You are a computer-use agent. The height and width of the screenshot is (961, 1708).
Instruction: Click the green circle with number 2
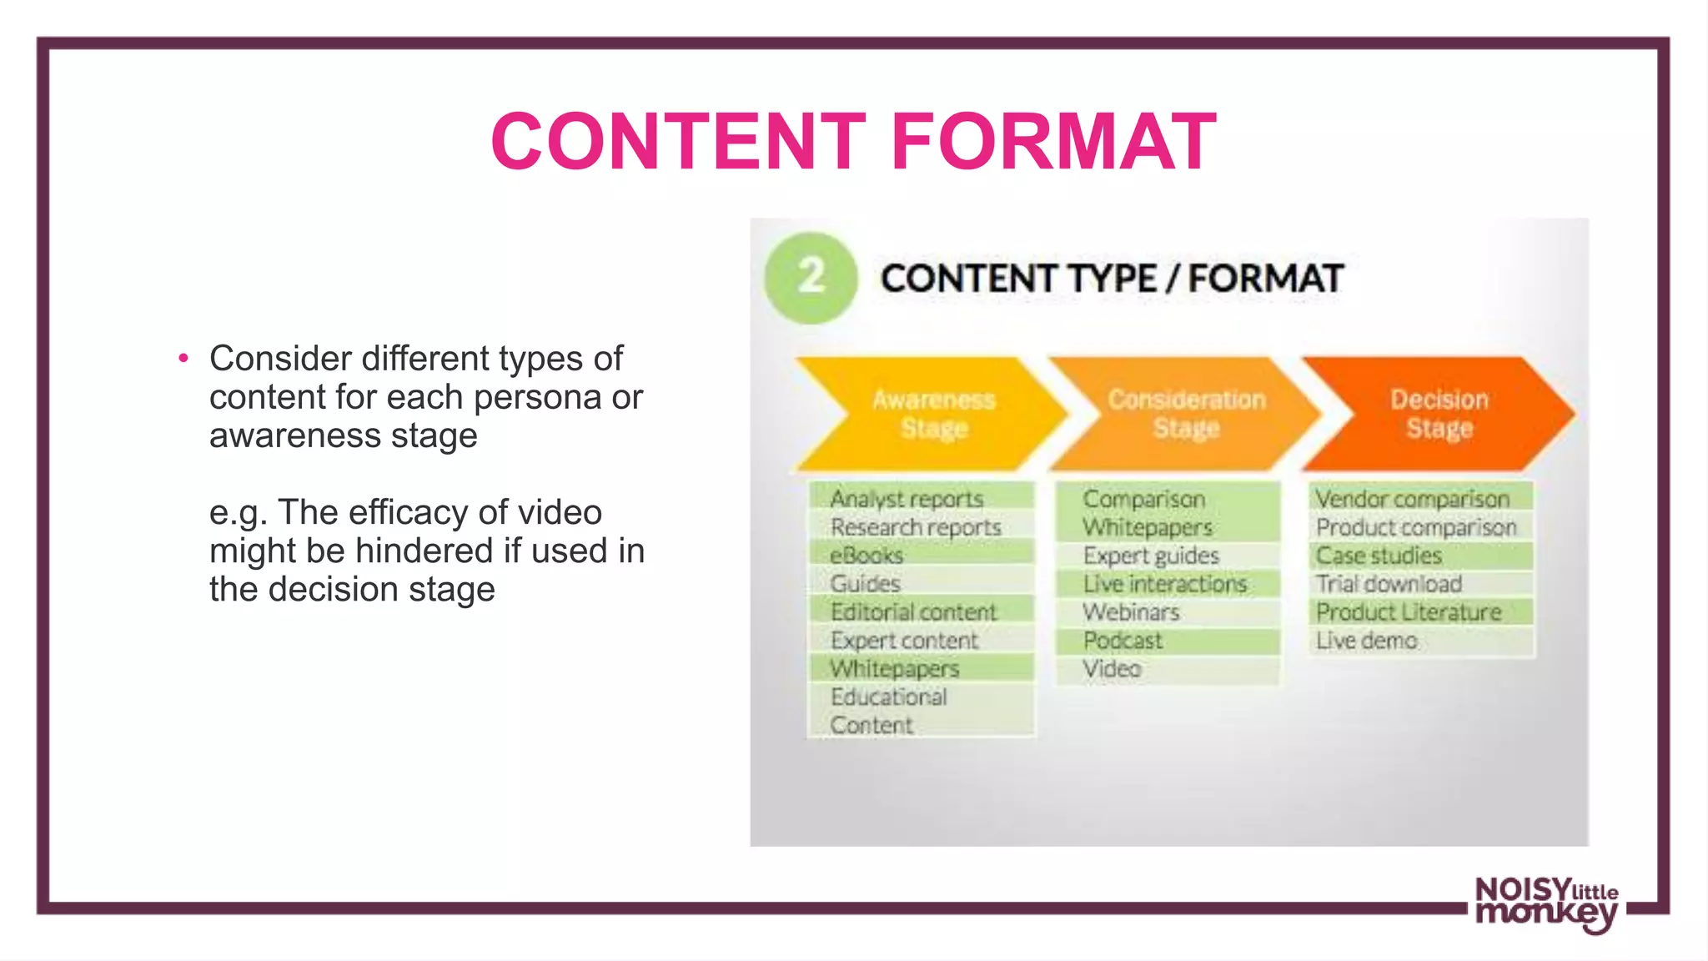click(x=810, y=278)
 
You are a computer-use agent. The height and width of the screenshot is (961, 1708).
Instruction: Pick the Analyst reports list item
click(x=907, y=499)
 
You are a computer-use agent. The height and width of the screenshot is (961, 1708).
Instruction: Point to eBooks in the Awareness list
click(x=867, y=556)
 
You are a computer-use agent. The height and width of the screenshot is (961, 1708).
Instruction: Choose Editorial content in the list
click(x=913, y=612)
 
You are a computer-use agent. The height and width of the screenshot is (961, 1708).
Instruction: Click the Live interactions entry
click(x=1165, y=584)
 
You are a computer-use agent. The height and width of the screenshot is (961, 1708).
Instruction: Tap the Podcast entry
click(x=1123, y=641)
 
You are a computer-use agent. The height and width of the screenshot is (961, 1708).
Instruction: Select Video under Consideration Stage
click(x=1112, y=669)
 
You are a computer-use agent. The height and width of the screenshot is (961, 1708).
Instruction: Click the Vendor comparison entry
click(x=1413, y=499)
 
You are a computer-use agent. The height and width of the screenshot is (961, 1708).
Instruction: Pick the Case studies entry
click(x=1379, y=556)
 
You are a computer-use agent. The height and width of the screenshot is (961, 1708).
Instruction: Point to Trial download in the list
click(x=1389, y=584)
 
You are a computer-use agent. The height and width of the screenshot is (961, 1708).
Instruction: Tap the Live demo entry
click(x=1367, y=641)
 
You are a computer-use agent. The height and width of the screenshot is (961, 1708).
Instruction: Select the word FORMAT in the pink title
click(x=1053, y=142)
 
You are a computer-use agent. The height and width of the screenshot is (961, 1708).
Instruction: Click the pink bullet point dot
click(x=183, y=359)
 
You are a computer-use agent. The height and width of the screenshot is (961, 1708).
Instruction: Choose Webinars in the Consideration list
click(x=1131, y=612)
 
